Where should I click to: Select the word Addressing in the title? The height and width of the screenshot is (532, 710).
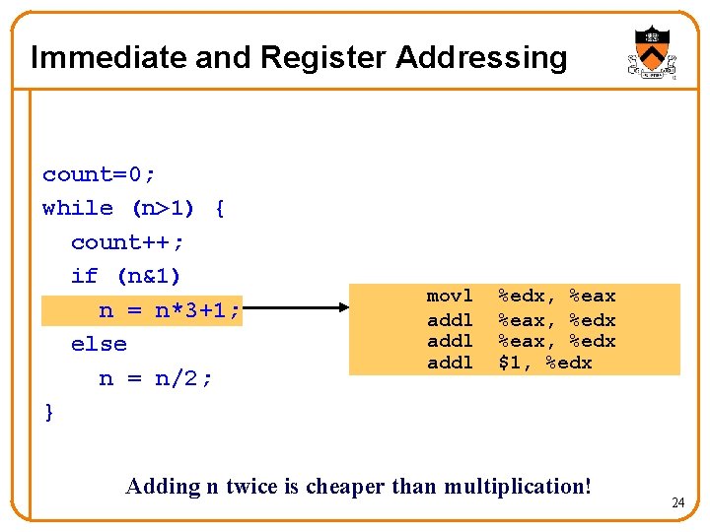pos(481,57)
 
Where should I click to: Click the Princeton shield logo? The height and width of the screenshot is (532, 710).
pos(652,52)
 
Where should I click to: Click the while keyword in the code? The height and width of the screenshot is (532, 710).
pos(78,209)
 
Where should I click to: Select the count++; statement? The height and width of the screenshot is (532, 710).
pos(127,242)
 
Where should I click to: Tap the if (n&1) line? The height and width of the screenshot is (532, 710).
pos(126,276)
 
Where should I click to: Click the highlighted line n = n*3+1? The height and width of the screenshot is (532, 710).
pos(169,310)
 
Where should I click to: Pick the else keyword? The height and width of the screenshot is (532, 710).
pos(99,344)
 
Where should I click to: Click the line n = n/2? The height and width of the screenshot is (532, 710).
pos(156,378)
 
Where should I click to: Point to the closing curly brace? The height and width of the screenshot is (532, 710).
pos(49,412)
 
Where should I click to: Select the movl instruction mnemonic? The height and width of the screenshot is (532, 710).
pos(450,297)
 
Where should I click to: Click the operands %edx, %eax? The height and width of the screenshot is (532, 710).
pos(556,297)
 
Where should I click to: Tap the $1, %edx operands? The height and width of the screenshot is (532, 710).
pos(545,363)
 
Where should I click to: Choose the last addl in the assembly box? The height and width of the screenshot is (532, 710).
pos(450,363)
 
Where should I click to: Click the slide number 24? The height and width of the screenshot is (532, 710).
pos(677,503)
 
